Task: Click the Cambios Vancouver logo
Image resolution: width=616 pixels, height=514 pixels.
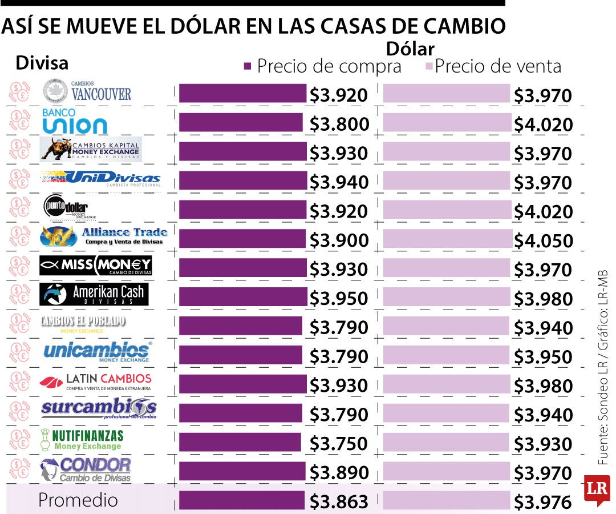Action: [x=87, y=93]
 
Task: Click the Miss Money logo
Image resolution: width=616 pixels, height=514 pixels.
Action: [x=96, y=265]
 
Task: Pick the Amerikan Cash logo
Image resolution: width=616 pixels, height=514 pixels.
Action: [x=92, y=294]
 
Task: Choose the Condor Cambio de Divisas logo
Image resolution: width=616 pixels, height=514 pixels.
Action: [x=86, y=469]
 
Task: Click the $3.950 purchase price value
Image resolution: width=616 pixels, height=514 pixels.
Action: [x=339, y=299]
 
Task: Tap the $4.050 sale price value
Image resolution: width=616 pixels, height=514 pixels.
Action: [x=543, y=241]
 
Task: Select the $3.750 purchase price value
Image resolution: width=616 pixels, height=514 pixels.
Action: [x=339, y=444]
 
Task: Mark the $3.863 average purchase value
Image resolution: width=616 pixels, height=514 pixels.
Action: [x=339, y=501]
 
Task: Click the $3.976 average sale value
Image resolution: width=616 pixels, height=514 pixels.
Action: [x=543, y=502]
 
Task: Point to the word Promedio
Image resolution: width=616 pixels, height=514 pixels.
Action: [x=78, y=500]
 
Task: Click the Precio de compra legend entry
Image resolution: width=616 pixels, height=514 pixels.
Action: [x=323, y=66]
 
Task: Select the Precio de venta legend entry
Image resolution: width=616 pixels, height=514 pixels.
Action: [x=493, y=66]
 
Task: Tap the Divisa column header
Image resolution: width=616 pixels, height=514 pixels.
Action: [x=42, y=63]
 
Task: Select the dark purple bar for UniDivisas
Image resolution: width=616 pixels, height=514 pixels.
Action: [x=242, y=180]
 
